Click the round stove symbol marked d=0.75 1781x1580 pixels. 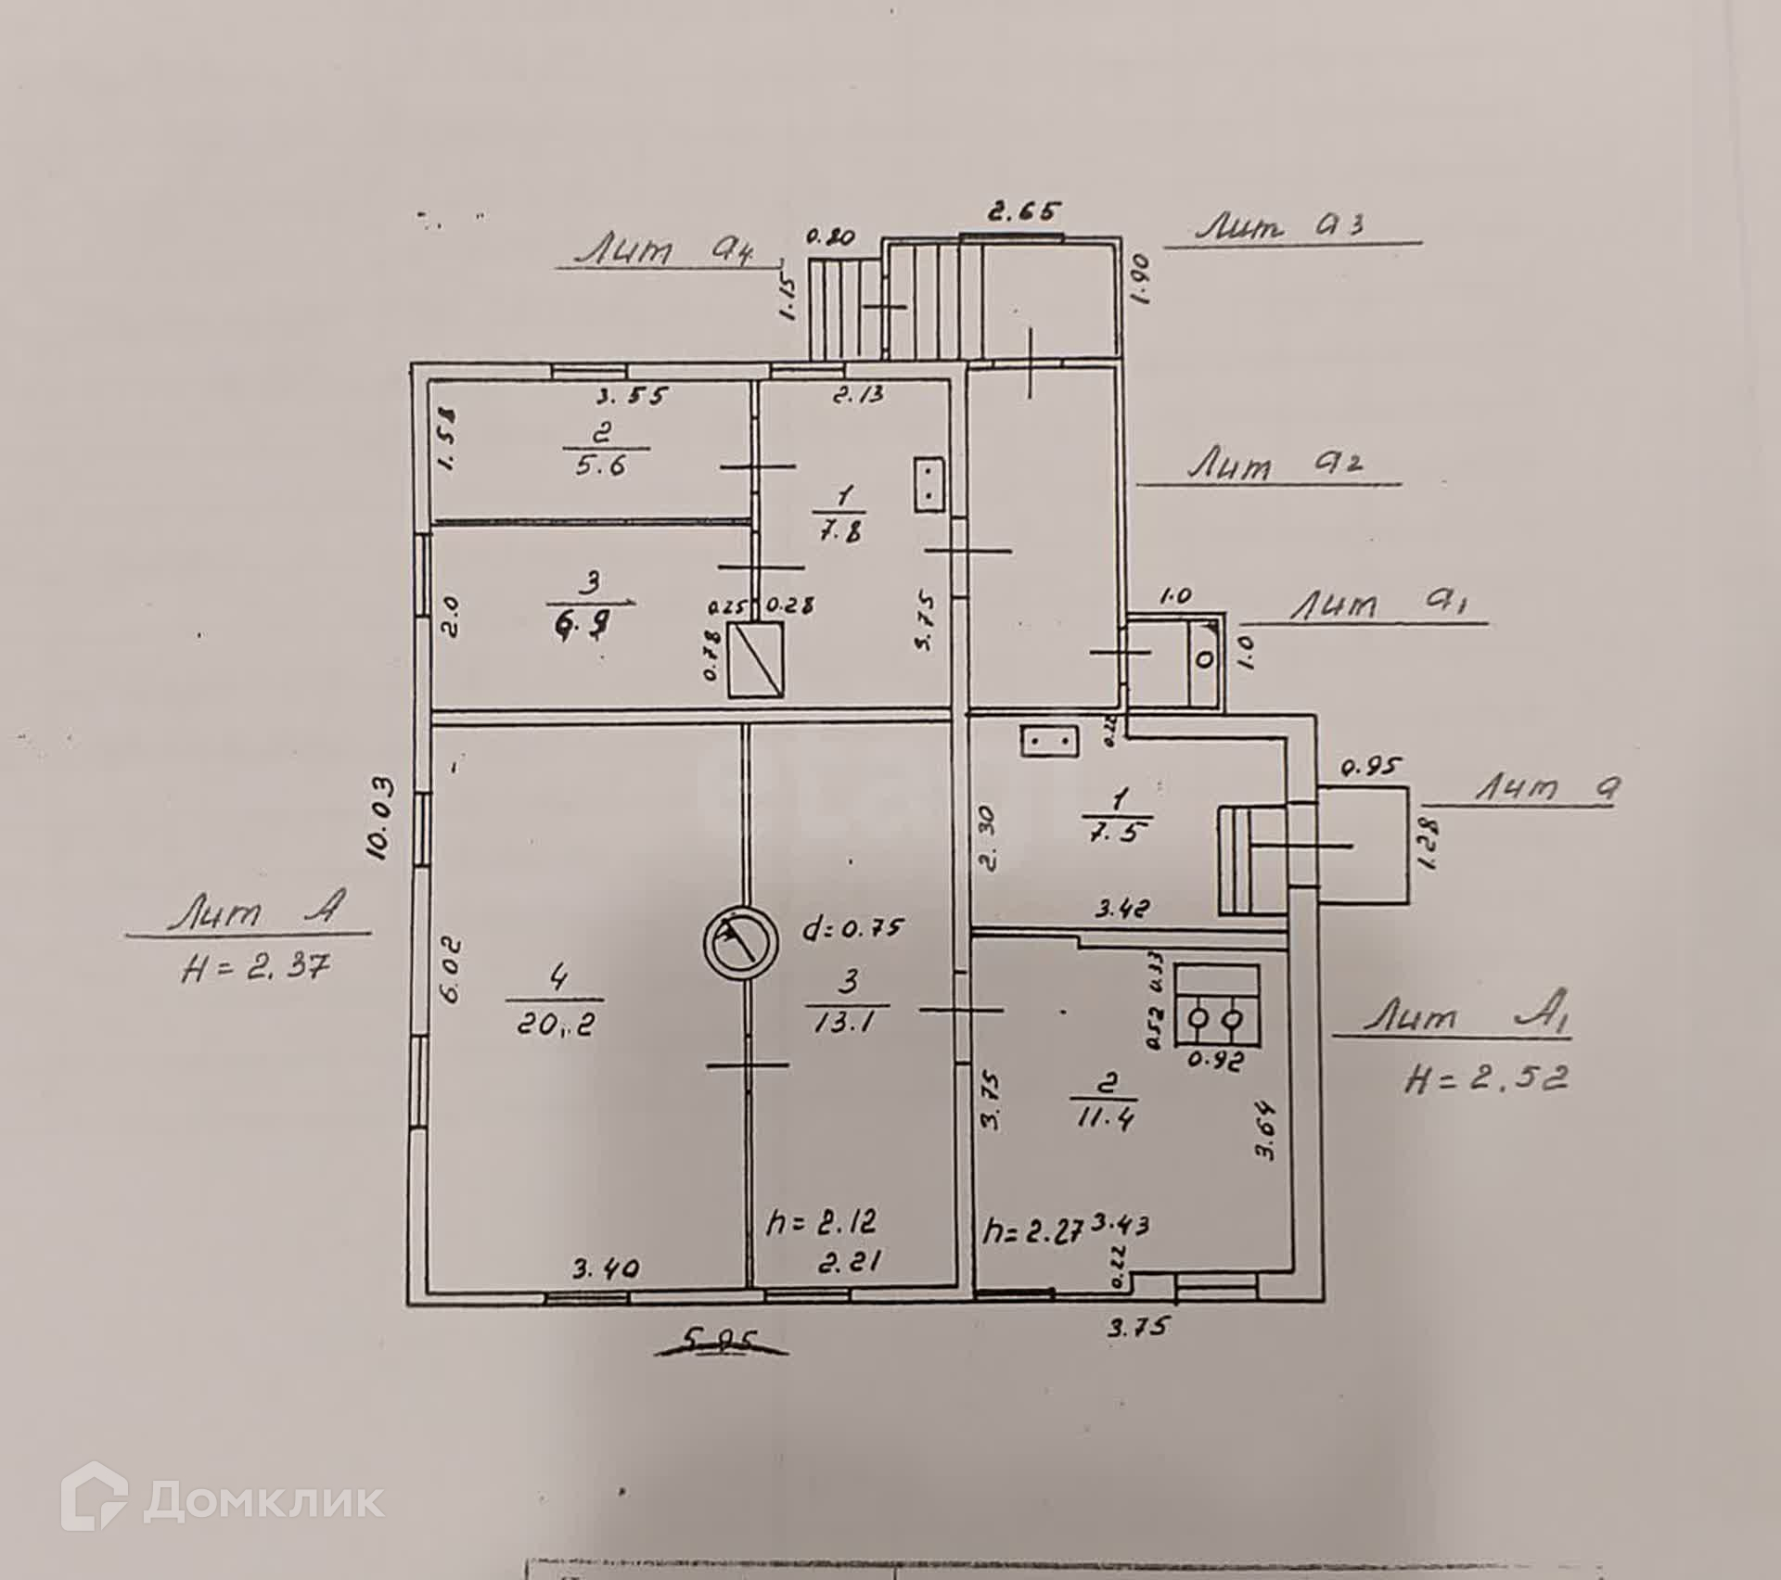coord(739,942)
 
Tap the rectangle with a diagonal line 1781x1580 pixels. coord(756,661)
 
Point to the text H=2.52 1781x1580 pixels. coord(1486,1077)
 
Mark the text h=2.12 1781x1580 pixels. coord(821,1221)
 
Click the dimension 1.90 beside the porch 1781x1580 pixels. coord(1141,280)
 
